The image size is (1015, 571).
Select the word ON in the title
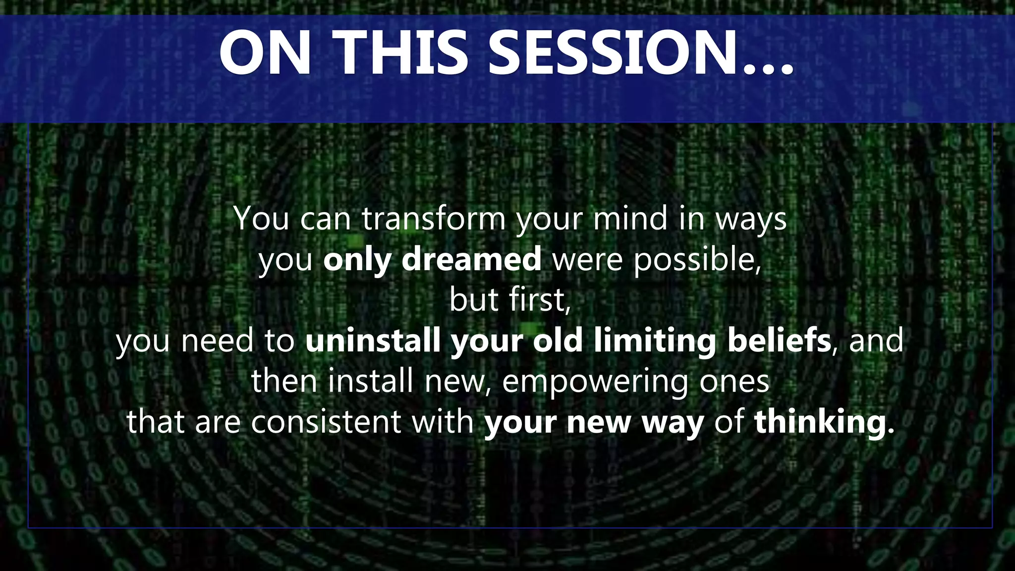[266, 53]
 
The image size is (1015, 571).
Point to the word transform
[434, 219]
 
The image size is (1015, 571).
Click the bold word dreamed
[471, 259]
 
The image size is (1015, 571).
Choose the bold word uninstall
[373, 341]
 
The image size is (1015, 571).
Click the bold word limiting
[655, 342]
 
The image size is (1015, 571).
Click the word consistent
[326, 422]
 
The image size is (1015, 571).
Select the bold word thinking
[824, 423]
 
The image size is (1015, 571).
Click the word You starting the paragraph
[261, 219]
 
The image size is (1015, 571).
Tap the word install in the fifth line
[371, 381]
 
